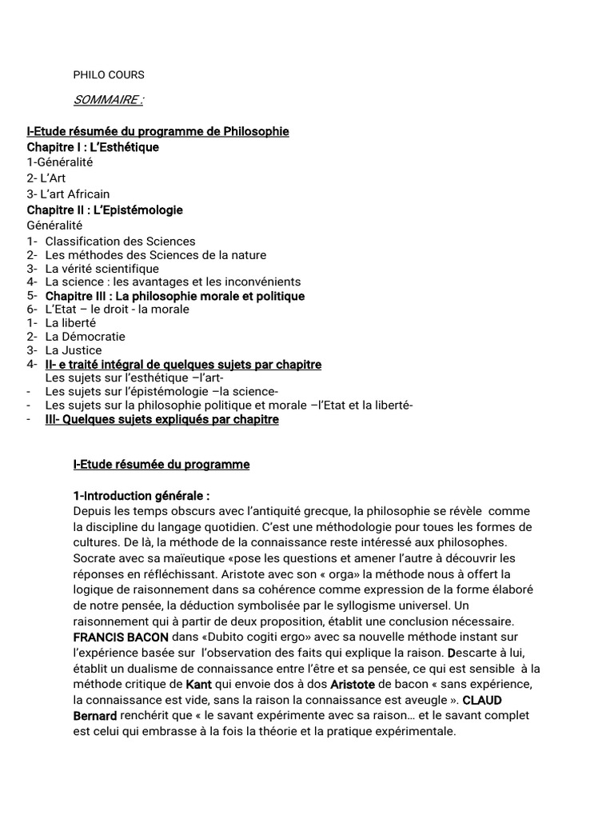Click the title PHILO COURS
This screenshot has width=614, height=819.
coord(108,75)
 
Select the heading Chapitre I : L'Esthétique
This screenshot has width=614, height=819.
coord(93,146)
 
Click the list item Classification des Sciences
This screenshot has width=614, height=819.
coord(120,241)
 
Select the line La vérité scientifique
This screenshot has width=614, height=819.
coord(102,269)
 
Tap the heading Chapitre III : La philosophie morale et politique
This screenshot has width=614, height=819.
coord(174,296)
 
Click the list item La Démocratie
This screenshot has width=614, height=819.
coord(85,337)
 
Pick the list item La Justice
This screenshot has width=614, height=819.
coord(74,350)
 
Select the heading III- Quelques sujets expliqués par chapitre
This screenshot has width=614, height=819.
coord(161,419)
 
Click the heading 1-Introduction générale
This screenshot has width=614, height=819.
coord(141,496)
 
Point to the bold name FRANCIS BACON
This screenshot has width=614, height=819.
coord(121,638)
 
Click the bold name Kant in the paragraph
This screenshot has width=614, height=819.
coord(199,685)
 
